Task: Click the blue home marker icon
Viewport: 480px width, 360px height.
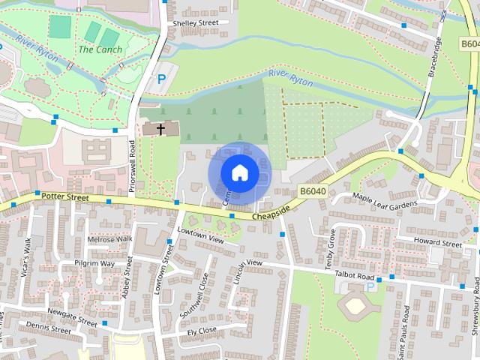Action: (x=239, y=172)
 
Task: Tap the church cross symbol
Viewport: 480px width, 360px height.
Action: (x=160, y=129)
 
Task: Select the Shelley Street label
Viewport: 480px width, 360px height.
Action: (x=195, y=23)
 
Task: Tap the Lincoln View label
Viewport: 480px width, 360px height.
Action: (x=247, y=265)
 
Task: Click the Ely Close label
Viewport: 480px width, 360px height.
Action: (x=202, y=330)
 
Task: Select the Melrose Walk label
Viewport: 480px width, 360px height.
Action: (x=109, y=239)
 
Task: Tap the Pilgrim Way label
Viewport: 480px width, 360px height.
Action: (x=94, y=264)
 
